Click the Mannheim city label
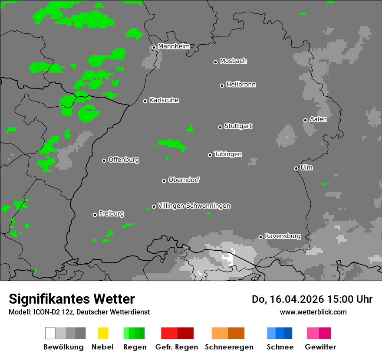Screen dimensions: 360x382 174,46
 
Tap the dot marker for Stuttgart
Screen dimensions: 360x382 220,127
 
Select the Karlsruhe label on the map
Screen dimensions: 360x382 164,100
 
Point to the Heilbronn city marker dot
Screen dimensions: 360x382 222,85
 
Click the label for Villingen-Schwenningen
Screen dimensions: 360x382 194,206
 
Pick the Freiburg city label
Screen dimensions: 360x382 111,213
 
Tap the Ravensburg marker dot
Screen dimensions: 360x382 260,237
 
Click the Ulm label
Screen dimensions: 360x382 306,167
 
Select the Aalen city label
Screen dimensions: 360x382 318,119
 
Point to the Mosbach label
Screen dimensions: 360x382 233,61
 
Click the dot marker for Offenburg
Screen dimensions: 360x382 104,160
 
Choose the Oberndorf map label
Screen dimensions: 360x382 184,180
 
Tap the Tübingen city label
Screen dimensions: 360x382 228,154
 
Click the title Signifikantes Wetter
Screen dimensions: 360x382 72,299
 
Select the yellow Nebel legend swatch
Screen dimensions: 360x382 103,333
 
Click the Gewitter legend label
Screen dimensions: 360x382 320,347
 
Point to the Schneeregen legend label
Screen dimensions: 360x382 229,347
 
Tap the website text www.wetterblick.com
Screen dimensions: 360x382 313,312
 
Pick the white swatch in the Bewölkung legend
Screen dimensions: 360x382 50,333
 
